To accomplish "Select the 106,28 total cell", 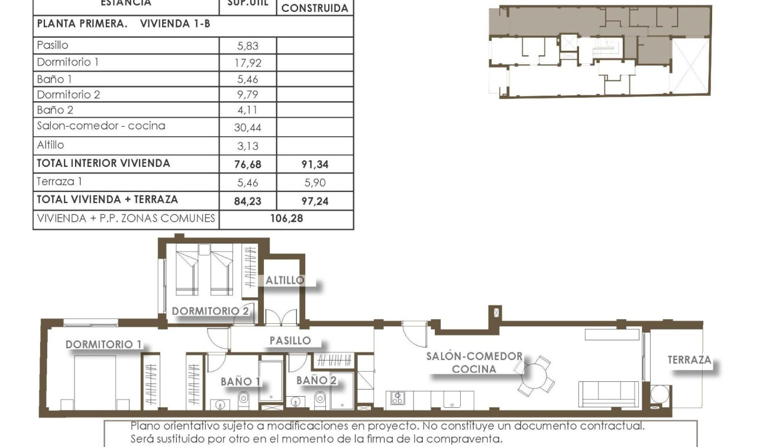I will [286, 218].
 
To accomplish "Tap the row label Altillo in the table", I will [50, 145].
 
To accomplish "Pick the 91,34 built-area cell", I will [314, 165].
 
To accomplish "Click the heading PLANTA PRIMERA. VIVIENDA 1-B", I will [124, 24].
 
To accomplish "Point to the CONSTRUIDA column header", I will [314, 9].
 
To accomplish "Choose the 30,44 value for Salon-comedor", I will [247, 127].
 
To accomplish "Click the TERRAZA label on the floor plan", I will [689, 359].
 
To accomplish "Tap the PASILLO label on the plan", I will [290, 340].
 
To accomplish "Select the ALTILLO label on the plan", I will [284, 280].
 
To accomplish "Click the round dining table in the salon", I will [534, 375].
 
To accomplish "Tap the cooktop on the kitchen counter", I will [396, 399].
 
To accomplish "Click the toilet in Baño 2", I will [320, 399].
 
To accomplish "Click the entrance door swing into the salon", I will [414, 333].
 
